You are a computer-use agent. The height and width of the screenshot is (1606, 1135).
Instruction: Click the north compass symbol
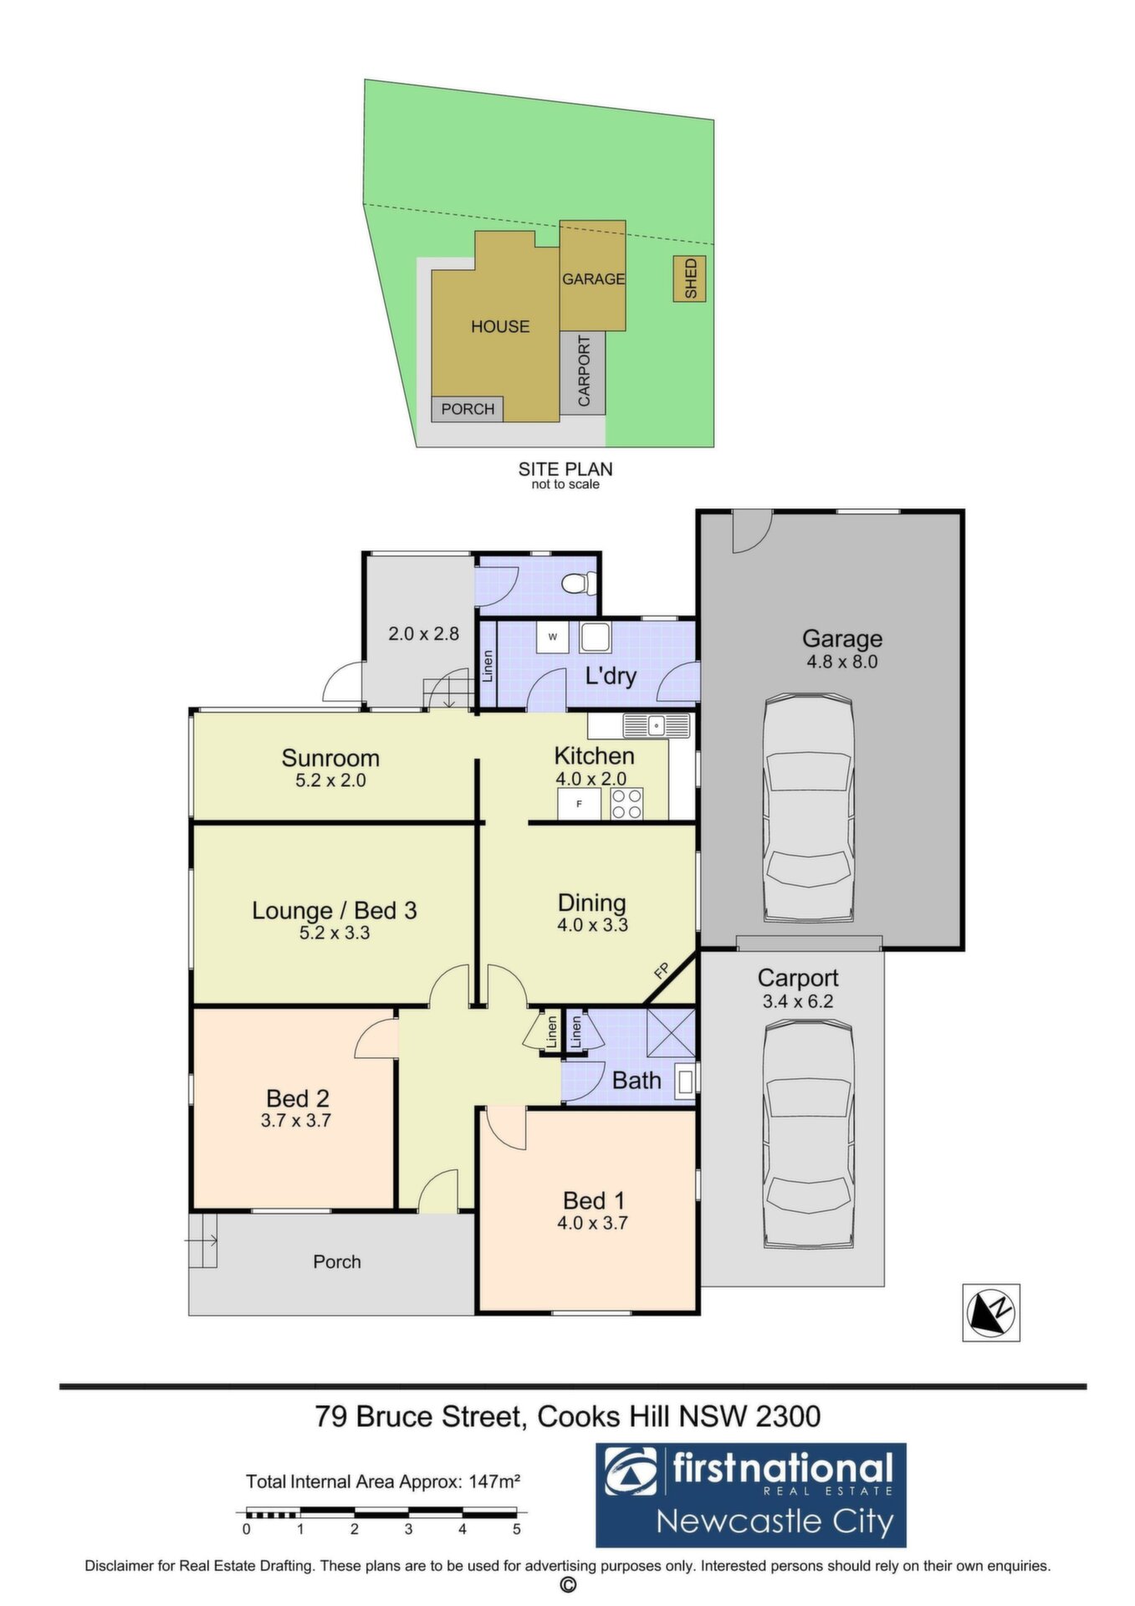[990, 1312]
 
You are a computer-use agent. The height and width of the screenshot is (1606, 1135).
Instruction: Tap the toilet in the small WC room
[579, 582]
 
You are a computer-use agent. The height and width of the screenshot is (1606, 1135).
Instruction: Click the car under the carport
[808, 1135]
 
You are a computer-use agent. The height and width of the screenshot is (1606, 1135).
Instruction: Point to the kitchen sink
[656, 725]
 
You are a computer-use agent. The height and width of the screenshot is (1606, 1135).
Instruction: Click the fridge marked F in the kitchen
[579, 804]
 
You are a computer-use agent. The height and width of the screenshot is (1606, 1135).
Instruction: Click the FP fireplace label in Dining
[662, 971]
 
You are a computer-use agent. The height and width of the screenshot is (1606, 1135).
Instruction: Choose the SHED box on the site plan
[690, 279]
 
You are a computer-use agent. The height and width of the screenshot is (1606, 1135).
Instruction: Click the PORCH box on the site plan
[468, 409]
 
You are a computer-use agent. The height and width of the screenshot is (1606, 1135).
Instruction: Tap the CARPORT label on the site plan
[584, 371]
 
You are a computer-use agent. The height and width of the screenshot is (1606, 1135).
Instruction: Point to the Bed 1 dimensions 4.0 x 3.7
[592, 1223]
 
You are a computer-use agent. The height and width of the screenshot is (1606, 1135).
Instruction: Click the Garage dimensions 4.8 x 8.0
[842, 662]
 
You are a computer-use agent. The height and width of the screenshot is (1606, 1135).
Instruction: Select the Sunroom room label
[330, 758]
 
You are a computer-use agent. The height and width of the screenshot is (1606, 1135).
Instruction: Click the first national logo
[750, 1495]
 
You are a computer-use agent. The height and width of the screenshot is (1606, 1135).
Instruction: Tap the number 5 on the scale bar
[517, 1530]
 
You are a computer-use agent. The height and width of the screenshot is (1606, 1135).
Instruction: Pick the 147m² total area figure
[495, 1481]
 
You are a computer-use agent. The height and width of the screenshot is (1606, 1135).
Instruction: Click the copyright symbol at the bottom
[568, 1585]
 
